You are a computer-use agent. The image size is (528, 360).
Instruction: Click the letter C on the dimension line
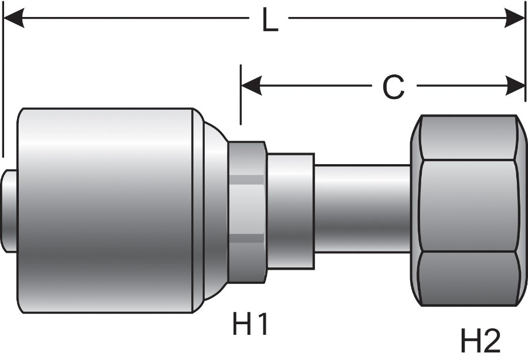click(393, 88)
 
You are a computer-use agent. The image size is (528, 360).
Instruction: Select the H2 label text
click(480, 341)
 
